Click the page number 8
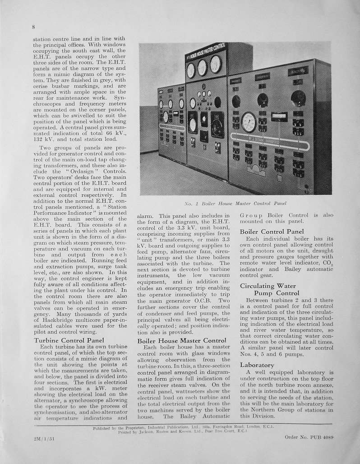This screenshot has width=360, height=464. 33,27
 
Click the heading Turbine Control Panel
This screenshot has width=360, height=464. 69,340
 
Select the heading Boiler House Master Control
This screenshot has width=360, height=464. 181,340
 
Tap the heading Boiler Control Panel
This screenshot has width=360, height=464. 272,232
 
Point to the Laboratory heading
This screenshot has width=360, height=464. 257,364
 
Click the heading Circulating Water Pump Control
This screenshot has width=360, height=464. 269,289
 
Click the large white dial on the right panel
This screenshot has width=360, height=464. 249,122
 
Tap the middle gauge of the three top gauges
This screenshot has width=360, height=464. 203,68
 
